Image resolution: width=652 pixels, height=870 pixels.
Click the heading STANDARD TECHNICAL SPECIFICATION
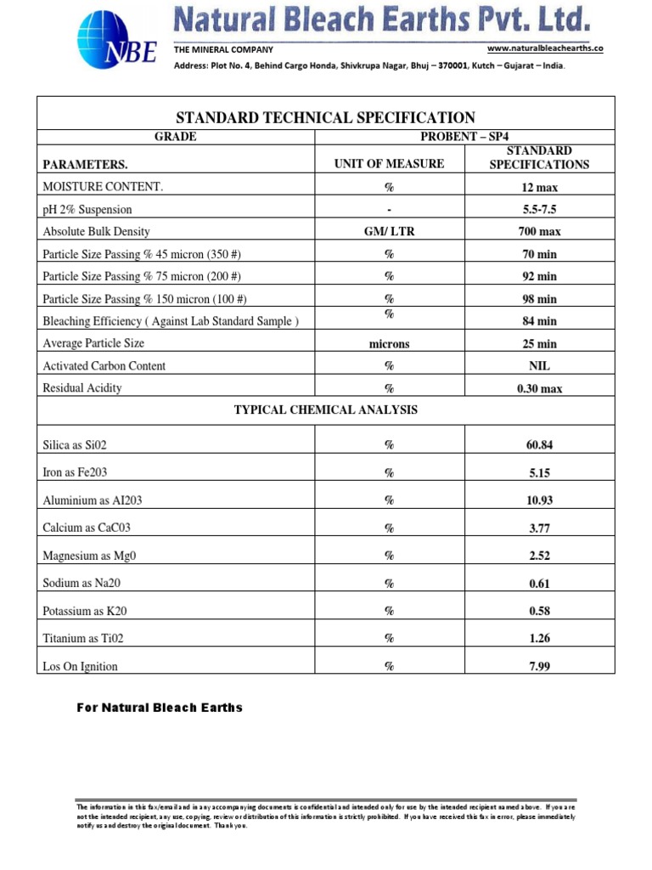[x=325, y=117]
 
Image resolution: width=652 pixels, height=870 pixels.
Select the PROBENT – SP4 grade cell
[x=464, y=137]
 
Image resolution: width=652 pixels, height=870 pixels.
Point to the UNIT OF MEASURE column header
[x=390, y=163]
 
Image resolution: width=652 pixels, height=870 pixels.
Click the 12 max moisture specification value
[x=539, y=187]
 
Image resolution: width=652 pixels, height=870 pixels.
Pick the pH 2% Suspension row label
[x=87, y=209]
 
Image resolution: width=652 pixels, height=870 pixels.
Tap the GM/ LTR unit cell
[x=390, y=231]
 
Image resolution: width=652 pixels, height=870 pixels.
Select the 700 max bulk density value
[x=539, y=231]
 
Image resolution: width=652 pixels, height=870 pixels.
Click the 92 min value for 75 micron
[x=539, y=276]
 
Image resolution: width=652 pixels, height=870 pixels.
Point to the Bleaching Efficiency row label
[x=171, y=320]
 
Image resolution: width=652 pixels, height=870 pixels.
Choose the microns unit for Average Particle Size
[x=390, y=343]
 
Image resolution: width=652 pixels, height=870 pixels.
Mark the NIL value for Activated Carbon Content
[x=539, y=366]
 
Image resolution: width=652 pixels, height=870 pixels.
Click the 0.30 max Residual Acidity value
[x=539, y=388]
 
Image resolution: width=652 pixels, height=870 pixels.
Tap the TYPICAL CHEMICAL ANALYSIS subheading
[x=326, y=410]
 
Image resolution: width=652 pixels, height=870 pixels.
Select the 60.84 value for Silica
[x=539, y=444]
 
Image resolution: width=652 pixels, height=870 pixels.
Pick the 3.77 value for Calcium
[x=539, y=528]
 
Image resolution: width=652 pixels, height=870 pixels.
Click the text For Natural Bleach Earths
[x=160, y=707]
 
